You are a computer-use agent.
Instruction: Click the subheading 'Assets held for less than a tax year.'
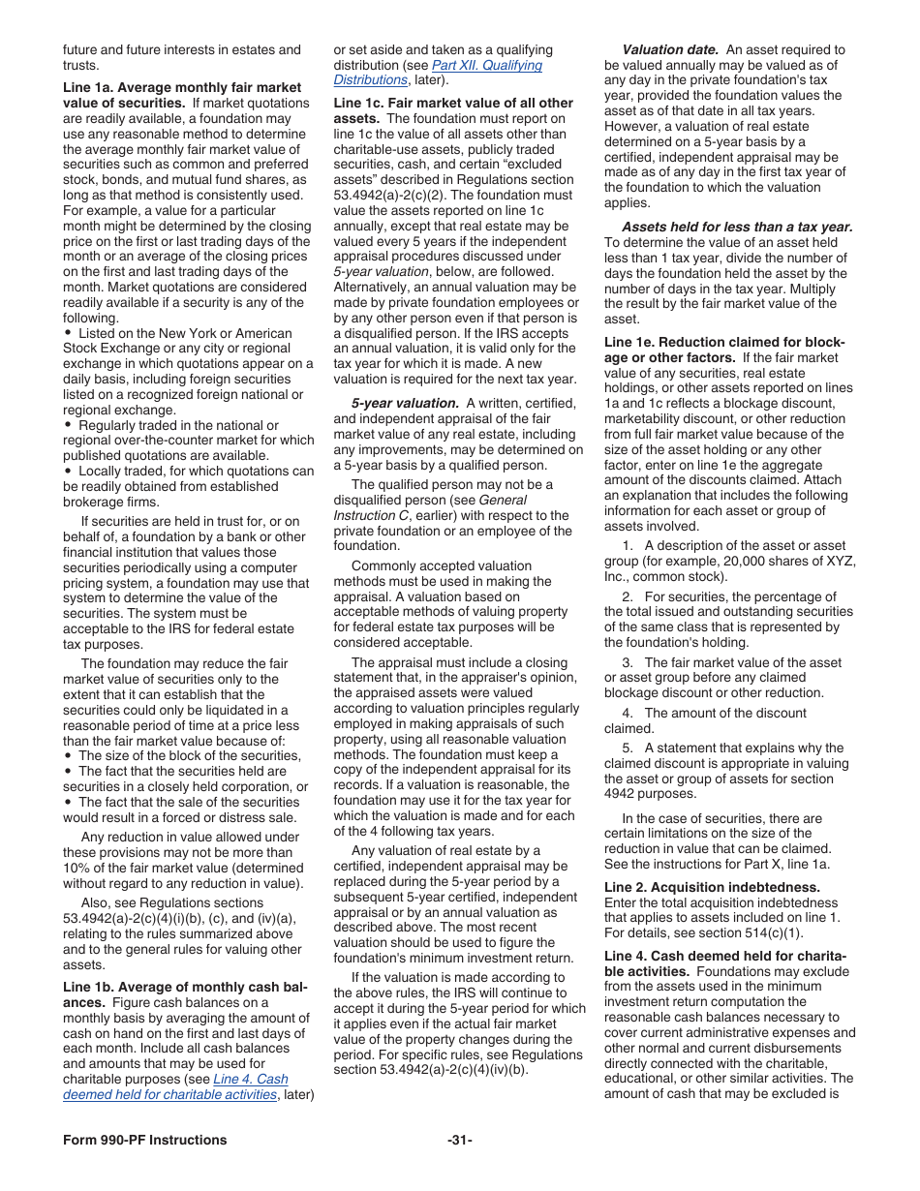(737, 227)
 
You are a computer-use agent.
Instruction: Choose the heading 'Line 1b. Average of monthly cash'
(185, 987)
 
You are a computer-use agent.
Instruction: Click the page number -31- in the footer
(460, 1140)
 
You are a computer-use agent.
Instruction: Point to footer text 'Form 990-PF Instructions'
(145, 1140)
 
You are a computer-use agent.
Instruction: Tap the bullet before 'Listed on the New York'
(68, 333)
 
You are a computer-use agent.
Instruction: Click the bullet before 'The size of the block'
(68, 755)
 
